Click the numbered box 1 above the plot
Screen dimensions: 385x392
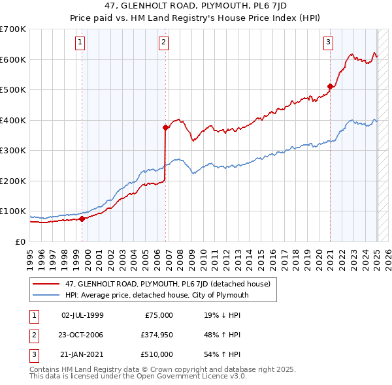coord(80,43)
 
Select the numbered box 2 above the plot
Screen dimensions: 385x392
coord(163,43)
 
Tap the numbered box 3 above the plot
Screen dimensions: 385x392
coord(328,43)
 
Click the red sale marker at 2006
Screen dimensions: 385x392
coord(166,128)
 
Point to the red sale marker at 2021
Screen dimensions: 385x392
coord(331,85)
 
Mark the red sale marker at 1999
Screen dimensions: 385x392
coord(82,219)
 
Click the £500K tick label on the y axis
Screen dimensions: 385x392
coord(13,90)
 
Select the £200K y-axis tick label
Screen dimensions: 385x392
coord(13,181)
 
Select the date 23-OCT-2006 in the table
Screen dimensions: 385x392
coord(82,335)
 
